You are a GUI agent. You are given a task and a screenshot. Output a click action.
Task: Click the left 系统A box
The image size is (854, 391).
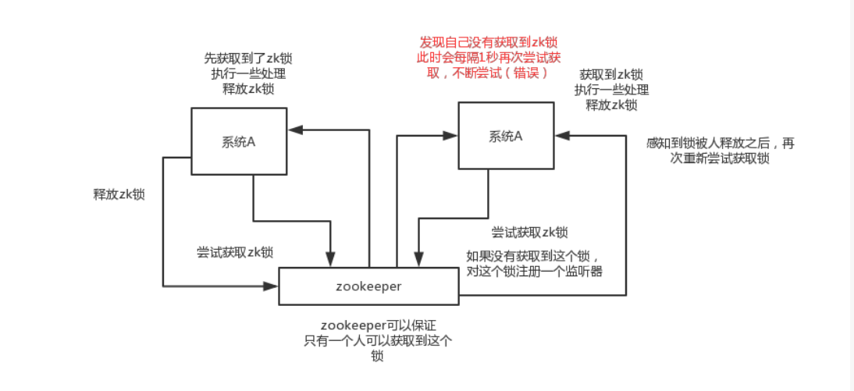[x=239, y=141]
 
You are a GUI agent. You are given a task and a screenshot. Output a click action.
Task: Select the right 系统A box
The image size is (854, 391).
[x=505, y=136]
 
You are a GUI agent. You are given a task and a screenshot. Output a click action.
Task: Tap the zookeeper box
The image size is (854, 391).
[x=368, y=286]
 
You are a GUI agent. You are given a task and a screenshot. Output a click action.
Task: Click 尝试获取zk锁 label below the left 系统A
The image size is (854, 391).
[x=234, y=253]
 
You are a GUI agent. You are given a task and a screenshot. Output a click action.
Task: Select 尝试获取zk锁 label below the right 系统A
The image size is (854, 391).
[x=529, y=232]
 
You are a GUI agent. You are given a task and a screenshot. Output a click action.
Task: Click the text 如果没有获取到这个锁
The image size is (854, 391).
[x=533, y=256]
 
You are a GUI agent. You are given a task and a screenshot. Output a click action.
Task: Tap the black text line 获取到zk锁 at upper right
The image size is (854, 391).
[x=611, y=75]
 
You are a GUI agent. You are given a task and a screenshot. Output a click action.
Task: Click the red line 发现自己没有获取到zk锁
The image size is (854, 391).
[x=489, y=42]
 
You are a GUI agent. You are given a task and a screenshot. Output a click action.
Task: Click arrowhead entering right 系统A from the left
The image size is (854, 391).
[x=450, y=136]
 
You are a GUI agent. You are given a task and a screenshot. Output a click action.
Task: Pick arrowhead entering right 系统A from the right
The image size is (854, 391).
[x=560, y=136]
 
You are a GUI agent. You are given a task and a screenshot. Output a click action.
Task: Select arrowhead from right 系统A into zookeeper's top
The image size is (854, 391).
[x=418, y=261]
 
